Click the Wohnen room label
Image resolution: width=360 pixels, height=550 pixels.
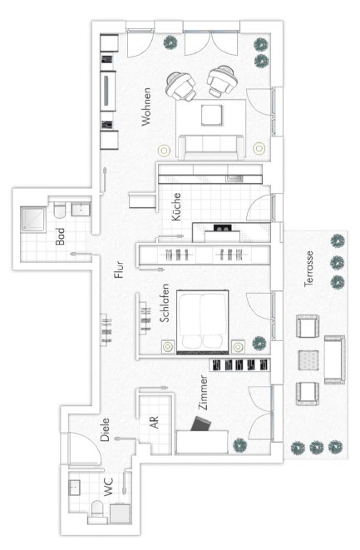pyautogui.click(x=146, y=107)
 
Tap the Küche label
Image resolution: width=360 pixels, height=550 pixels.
pyautogui.click(x=176, y=206)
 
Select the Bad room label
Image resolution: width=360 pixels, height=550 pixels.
pyautogui.click(x=61, y=236)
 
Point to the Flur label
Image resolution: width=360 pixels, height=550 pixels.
pyautogui.click(x=119, y=270)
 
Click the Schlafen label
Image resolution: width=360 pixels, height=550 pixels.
pyautogui.click(x=165, y=303)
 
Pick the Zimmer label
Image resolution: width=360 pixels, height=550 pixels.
pyautogui.click(x=203, y=393)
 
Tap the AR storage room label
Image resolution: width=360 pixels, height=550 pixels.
pyautogui.click(x=155, y=423)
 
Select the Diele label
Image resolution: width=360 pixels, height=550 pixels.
pyautogui.click(x=105, y=429)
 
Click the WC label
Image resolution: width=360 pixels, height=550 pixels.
pyautogui.click(x=109, y=487)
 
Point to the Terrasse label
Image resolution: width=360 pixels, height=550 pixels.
pyautogui.click(x=308, y=269)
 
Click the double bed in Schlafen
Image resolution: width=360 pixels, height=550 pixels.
pyautogui.click(x=203, y=322)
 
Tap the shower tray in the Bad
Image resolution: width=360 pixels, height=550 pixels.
pyautogui.click(x=33, y=220)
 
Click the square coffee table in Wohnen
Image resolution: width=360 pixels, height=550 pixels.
pyautogui.click(x=212, y=115)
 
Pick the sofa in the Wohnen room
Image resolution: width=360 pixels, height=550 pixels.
pyautogui.click(x=211, y=147)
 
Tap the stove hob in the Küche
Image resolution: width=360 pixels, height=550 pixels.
pyautogui.click(x=223, y=229)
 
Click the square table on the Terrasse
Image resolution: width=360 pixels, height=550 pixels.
pyautogui.click(x=308, y=360)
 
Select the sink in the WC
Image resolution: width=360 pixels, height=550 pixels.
pyautogui.click(x=74, y=488)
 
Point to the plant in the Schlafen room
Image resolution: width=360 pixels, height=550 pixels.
pyautogui.click(x=259, y=344)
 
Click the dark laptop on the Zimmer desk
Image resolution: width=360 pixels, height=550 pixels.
pyautogui.click(x=200, y=424)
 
